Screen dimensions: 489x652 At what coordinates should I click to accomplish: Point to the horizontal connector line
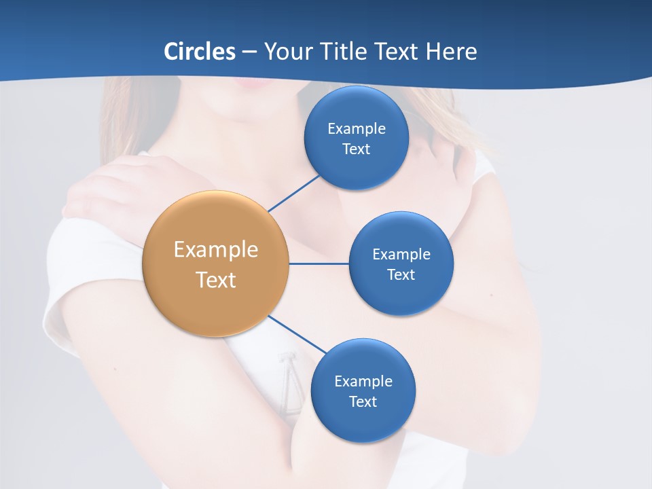pos(319,264)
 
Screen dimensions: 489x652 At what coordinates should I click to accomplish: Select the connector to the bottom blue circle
pos(297,334)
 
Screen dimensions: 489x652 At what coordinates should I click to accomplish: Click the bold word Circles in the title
pos(200,51)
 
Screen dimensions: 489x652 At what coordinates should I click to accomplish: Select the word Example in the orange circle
pos(215,250)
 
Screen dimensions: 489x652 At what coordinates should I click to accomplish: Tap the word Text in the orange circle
pos(215,280)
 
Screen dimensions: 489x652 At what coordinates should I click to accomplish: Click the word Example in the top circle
pos(356,129)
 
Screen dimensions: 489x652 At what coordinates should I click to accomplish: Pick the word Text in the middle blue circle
pos(401,275)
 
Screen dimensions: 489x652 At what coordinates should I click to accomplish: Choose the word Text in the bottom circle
pos(363,402)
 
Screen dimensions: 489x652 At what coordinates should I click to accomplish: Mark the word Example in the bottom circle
pos(363,382)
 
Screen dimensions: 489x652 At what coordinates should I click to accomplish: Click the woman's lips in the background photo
pos(252,84)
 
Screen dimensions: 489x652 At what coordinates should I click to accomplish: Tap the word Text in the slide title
pos(395,51)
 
